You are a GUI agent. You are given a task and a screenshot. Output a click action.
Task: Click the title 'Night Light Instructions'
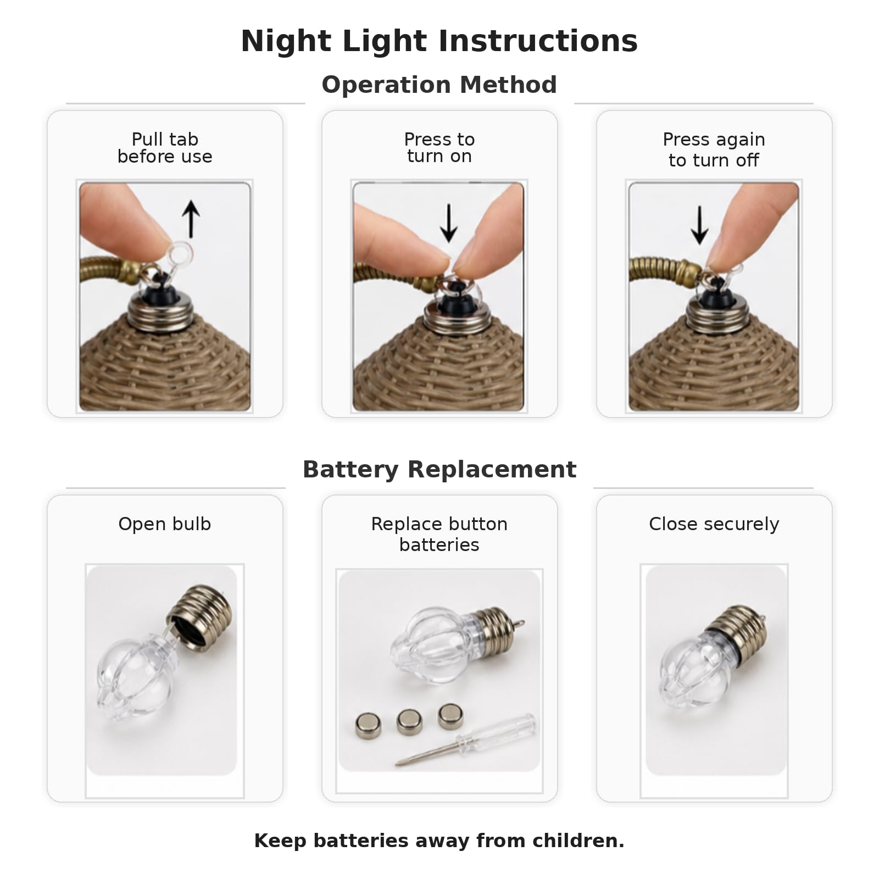point(439,41)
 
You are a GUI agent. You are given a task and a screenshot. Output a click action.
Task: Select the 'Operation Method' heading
point(439,85)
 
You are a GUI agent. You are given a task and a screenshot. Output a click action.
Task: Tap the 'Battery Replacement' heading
point(439,470)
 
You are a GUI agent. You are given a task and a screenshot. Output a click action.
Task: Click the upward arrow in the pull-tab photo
point(191,219)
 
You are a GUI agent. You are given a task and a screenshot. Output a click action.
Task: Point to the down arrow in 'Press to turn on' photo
point(449,223)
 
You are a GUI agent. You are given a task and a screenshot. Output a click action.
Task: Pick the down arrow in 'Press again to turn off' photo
point(699,225)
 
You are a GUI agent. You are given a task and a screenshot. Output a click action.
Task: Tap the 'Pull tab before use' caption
point(165,148)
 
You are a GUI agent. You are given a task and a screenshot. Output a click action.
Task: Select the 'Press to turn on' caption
point(439,148)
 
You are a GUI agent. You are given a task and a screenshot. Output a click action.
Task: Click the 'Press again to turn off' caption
point(714,149)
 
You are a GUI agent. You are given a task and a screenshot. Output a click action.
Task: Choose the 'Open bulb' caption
point(165,524)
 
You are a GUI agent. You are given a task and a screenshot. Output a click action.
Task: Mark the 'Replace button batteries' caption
point(439,534)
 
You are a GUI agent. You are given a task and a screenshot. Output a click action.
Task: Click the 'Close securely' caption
point(714,524)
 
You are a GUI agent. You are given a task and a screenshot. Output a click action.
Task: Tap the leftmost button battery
point(368,725)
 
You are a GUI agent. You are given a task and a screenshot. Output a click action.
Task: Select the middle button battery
point(409,721)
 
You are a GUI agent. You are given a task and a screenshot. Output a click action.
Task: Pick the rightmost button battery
point(450,716)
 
